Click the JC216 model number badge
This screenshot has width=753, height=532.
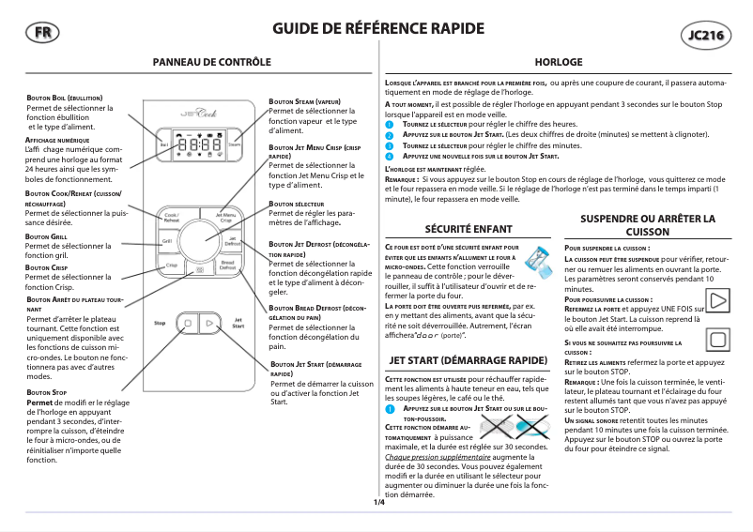706,36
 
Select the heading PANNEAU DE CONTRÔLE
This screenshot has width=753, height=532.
212,61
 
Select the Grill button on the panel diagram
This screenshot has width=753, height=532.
166,242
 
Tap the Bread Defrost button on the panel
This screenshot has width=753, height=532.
226,266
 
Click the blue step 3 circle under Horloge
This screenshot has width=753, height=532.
391,146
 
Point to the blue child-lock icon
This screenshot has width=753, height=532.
539,256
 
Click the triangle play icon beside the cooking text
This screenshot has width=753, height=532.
718,301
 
